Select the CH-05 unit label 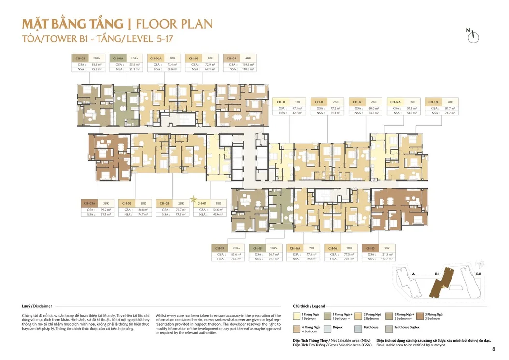pos(80,58)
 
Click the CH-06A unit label pos(156,58)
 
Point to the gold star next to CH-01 pos(193,199)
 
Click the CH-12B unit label pos(434,102)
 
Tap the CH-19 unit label pos(219,247)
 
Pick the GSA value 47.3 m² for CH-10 pos(297,108)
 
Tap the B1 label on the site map pos(436,274)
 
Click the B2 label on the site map pos(478,274)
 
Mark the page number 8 pos(493,349)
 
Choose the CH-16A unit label pos(295,247)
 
